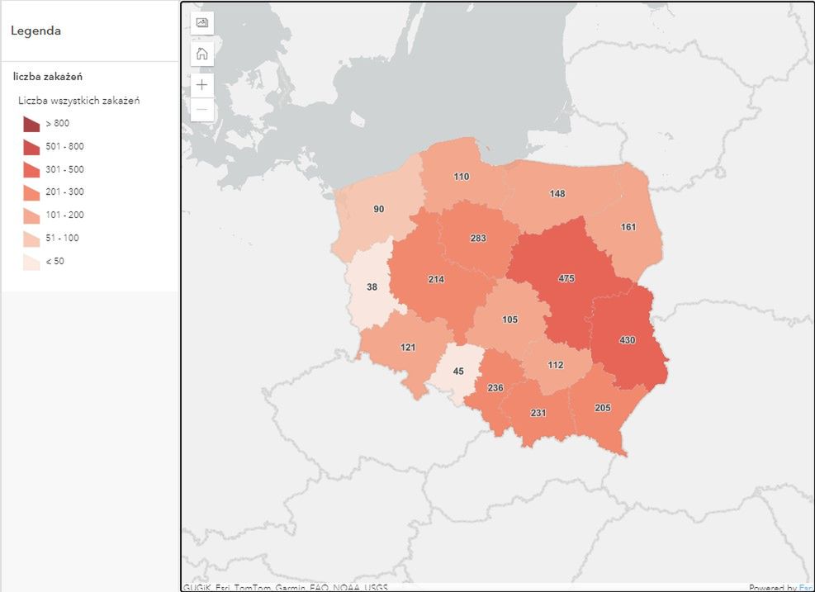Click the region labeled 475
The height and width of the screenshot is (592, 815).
pos(566,278)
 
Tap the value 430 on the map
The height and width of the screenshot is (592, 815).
pos(628,339)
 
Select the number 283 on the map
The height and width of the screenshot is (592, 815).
pos(477,239)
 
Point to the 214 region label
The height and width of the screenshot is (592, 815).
pos(436,279)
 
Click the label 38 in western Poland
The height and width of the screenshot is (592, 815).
pos(372,287)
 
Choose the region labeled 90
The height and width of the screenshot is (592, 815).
pos(378,209)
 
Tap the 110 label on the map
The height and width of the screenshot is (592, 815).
pos(461,177)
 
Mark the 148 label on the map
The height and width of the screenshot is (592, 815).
pos(557,193)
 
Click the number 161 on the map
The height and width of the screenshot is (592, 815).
pos(628,226)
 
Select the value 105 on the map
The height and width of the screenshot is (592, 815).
pos(509,320)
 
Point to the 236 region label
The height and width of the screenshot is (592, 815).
pos(495,387)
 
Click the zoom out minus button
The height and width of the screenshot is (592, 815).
pos(202,110)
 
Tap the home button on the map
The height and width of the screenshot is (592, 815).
pos(202,54)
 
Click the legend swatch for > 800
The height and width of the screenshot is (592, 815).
pos(31,124)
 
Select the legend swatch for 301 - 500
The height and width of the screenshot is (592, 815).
pos(31,170)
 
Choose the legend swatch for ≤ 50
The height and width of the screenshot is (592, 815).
pos(31,262)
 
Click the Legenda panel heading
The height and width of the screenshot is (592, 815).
pos(36,31)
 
